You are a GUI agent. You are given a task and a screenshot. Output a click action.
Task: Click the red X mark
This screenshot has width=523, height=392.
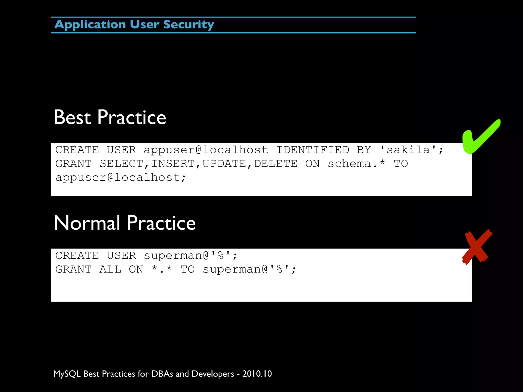tap(477, 247)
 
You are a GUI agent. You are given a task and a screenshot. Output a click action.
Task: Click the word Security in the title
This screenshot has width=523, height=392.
tap(188, 25)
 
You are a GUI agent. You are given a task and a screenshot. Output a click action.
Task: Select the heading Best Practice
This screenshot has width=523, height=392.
tap(110, 117)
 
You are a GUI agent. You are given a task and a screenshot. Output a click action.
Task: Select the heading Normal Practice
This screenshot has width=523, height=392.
tap(125, 223)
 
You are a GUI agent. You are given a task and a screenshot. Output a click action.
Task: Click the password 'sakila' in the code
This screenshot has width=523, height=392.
tap(408, 150)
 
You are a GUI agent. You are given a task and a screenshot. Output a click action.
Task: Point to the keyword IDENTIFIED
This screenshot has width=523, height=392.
tap(313, 150)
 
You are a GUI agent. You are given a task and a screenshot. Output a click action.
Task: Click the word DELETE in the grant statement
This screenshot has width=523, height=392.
tap(276, 164)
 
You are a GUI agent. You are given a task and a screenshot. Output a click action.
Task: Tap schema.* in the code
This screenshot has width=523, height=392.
tap(356, 164)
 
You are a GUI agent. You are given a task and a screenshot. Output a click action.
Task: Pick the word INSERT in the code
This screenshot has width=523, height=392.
tap(173, 164)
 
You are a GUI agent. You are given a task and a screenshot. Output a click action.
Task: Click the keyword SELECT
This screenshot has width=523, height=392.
tap(121, 164)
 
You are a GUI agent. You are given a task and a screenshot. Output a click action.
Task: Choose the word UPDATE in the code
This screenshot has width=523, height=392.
tap(224, 164)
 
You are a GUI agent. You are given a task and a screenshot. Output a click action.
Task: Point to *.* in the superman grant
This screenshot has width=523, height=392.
tap(162, 269)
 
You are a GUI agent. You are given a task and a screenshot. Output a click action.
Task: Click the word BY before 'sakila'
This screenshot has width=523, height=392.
tap(364, 150)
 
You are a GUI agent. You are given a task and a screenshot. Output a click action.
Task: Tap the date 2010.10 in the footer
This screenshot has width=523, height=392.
tap(257, 374)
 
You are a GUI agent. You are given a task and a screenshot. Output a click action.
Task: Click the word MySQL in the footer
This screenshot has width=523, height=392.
tap(67, 374)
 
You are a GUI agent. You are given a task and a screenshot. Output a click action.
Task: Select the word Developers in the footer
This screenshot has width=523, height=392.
tap(213, 374)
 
